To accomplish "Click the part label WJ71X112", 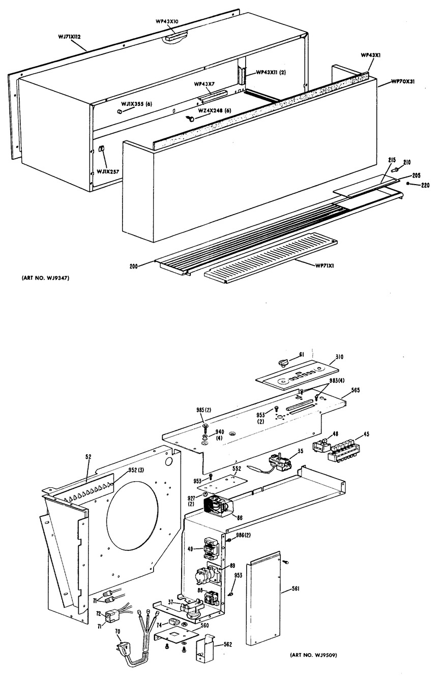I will point(73,36).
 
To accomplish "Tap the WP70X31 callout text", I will point(402,81).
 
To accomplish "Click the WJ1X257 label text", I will point(108,172).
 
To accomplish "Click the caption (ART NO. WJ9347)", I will point(45,278).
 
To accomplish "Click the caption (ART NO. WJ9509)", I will point(313,655).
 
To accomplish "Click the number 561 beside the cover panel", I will point(295,588).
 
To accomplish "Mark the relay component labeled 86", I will point(217,507).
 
